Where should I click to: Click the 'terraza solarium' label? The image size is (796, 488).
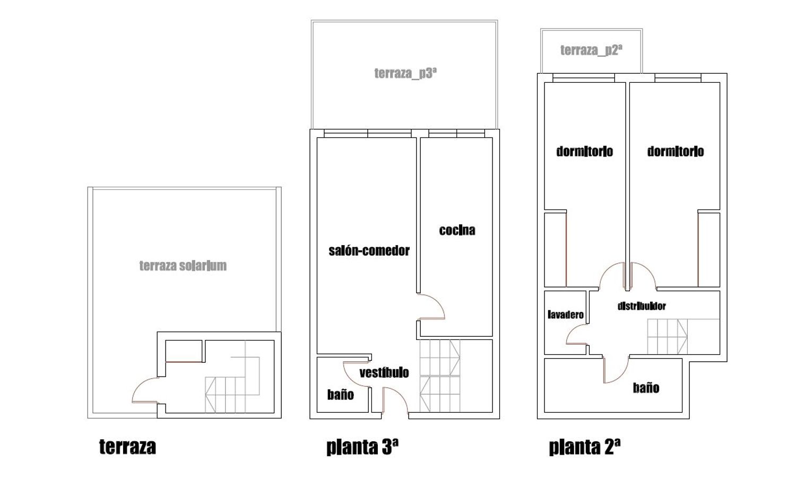point(183,266)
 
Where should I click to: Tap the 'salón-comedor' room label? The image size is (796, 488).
point(369,251)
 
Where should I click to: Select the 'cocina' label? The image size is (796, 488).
point(457,230)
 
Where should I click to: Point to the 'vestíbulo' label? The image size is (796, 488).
point(384,372)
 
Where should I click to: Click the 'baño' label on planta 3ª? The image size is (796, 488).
point(341,395)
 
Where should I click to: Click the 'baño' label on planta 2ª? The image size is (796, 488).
point(646,388)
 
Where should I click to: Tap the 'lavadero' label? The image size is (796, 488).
point(566,315)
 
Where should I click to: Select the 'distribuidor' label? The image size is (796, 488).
point(642,306)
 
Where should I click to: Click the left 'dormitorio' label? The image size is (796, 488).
point(585,151)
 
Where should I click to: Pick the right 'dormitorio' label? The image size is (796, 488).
point(676,151)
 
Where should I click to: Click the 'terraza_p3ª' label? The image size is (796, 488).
point(405,73)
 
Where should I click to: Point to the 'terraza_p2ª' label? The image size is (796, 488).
point(591,50)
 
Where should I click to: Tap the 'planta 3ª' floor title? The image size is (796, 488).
point(362,447)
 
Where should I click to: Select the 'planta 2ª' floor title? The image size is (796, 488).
point(585,447)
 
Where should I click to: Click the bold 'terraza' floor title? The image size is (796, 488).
point(127,447)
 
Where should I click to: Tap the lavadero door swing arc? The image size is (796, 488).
point(570,330)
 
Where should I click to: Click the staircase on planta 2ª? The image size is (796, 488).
point(668,336)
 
